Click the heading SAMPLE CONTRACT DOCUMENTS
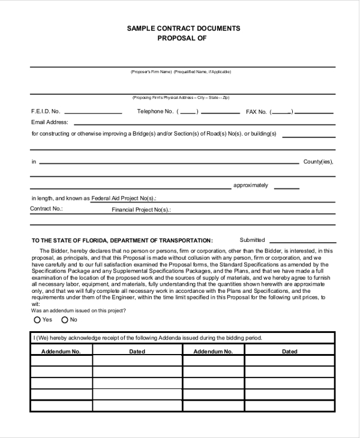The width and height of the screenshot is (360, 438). click(x=183, y=28)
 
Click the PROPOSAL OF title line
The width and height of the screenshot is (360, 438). click(x=182, y=38)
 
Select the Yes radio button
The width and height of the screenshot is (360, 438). click(x=37, y=320)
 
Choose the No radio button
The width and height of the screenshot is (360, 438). click(x=64, y=320)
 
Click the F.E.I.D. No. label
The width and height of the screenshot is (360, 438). click(x=46, y=112)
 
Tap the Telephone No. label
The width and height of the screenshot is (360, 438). click(x=155, y=112)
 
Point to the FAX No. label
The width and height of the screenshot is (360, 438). click(x=256, y=112)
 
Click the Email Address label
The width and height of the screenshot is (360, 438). click(x=49, y=122)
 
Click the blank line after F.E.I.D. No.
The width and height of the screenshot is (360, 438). click(x=93, y=113)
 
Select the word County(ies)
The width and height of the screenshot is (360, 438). click(x=318, y=162)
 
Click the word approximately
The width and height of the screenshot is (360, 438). click(x=251, y=185)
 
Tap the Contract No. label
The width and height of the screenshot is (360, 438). click(x=46, y=209)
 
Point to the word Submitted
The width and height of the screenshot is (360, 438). click(x=252, y=240)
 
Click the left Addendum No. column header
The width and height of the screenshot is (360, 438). click(x=61, y=352)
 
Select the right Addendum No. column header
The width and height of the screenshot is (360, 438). click(x=213, y=352)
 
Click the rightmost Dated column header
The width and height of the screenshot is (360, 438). click(x=289, y=352)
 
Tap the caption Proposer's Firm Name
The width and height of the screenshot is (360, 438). click(x=151, y=72)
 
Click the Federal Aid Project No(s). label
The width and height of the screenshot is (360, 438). click(x=124, y=198)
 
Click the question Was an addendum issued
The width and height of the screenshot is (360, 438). click(x=77, y=310)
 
